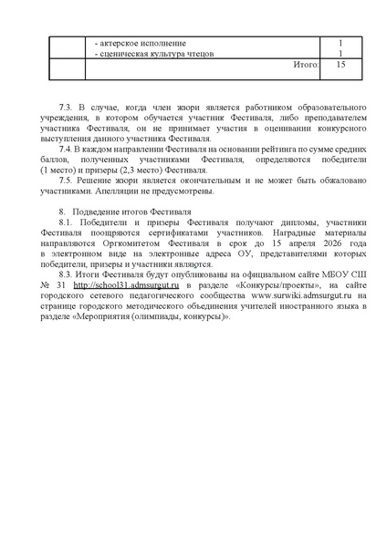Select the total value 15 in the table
click(340, 66)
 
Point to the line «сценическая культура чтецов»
click(155, 54)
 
